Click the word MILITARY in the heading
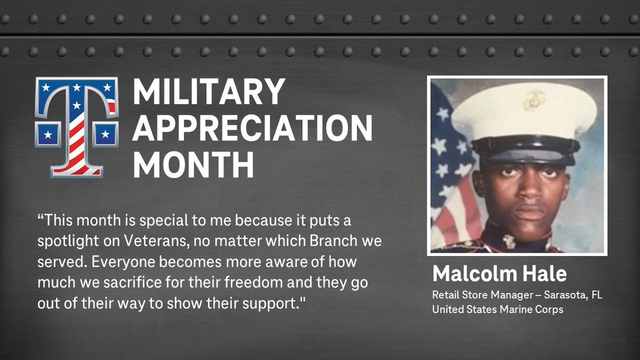coord(209,92)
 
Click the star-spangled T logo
coord(76,126)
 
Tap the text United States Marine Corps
coord(498,309)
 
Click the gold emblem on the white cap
coord(533,100)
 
